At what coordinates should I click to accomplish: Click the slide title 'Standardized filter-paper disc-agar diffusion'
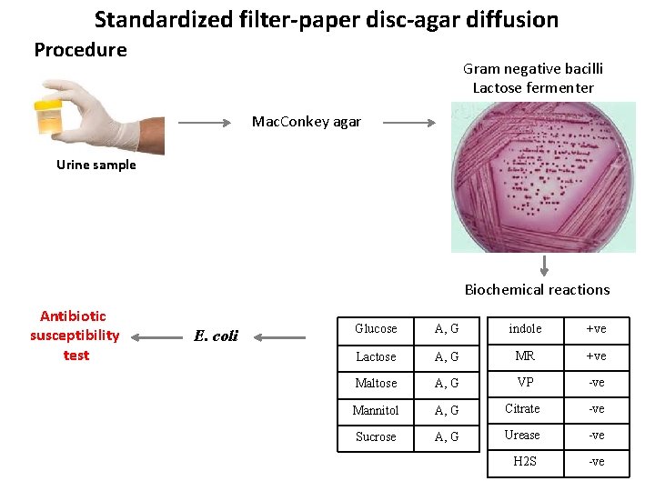point(326,19)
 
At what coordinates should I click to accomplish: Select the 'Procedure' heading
point(80,50)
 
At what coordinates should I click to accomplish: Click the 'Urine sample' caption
point(96,165)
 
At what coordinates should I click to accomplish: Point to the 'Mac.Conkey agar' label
point(306,122)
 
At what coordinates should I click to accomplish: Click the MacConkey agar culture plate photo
point(543,176)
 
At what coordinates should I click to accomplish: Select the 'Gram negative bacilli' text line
point(532,69)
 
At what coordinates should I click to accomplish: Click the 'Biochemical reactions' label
point(537,290)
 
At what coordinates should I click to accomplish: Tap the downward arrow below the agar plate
point(544,266)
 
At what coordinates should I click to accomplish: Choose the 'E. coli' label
point(216,336)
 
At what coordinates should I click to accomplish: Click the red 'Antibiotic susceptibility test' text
point(74,336)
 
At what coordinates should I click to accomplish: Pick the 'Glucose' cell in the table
point(376,329)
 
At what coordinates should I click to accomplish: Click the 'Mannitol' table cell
point(376,410)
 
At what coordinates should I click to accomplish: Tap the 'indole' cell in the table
point(525,328)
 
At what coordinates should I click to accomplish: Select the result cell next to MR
point(596,356)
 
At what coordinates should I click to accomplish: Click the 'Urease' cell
point(522,436)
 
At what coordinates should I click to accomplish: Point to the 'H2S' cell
point(525,462)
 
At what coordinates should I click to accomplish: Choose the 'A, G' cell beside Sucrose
point(447,436)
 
